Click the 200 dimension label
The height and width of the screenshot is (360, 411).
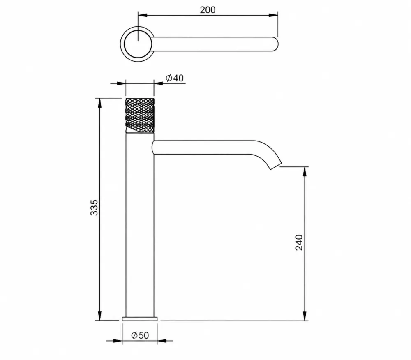[x=208, y=10]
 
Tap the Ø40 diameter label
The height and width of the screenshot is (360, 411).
[x=175, y=78]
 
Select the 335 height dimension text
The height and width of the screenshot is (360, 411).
[x=94, y=208]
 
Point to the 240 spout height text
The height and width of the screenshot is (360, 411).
[x=299, y=242]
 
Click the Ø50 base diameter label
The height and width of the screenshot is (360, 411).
[x=140, y=335]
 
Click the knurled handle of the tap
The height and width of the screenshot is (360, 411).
[x=140, y=115]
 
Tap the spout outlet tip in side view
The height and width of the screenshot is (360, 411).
[x=276, y=166]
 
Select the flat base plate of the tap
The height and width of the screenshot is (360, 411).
[x=140, y=318]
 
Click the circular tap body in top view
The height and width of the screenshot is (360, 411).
[x=136, y=44]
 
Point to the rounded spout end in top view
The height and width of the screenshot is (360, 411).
[x=275, y=44]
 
